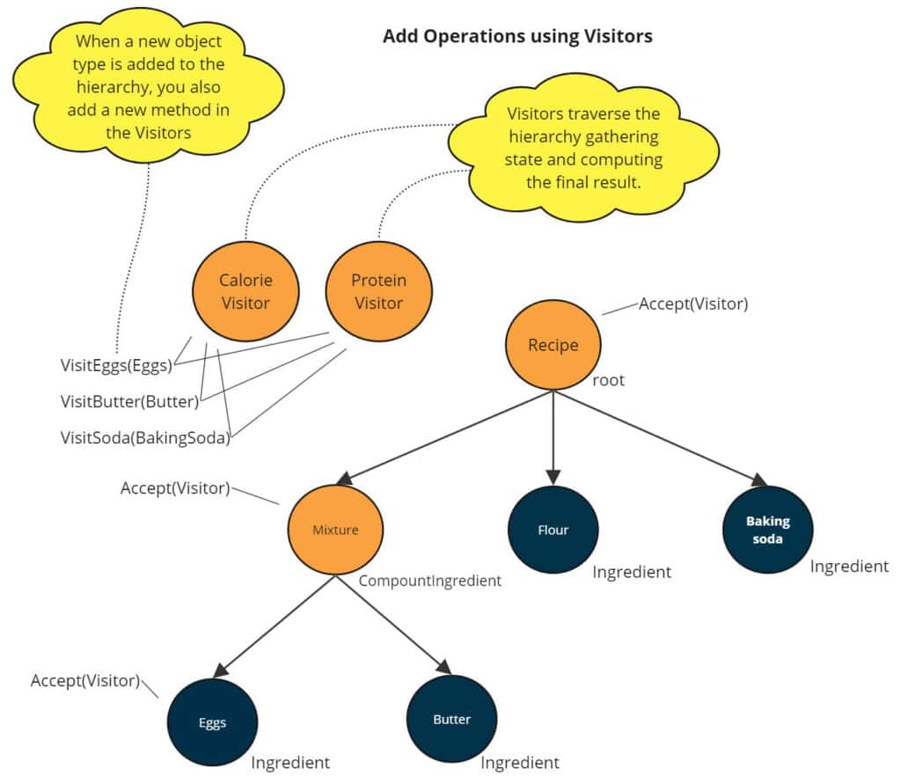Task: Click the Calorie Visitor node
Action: coord(245,292)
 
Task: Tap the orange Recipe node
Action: coord(553,345)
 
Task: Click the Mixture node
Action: coord(335,530)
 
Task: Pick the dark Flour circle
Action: coord(553,530)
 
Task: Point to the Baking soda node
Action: coord(767,529)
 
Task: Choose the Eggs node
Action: coord(212,721)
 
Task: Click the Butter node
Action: coord(451,720)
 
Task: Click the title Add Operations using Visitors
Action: coord(517,37)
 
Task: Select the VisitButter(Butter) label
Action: coord(129,402)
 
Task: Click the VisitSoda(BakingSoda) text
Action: coord(144,437)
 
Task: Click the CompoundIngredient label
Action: coord(429,581)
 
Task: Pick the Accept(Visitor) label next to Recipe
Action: coord(693,304)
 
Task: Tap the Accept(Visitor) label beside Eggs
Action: coord(85,680)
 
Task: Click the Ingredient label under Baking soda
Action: coord(849,567)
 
